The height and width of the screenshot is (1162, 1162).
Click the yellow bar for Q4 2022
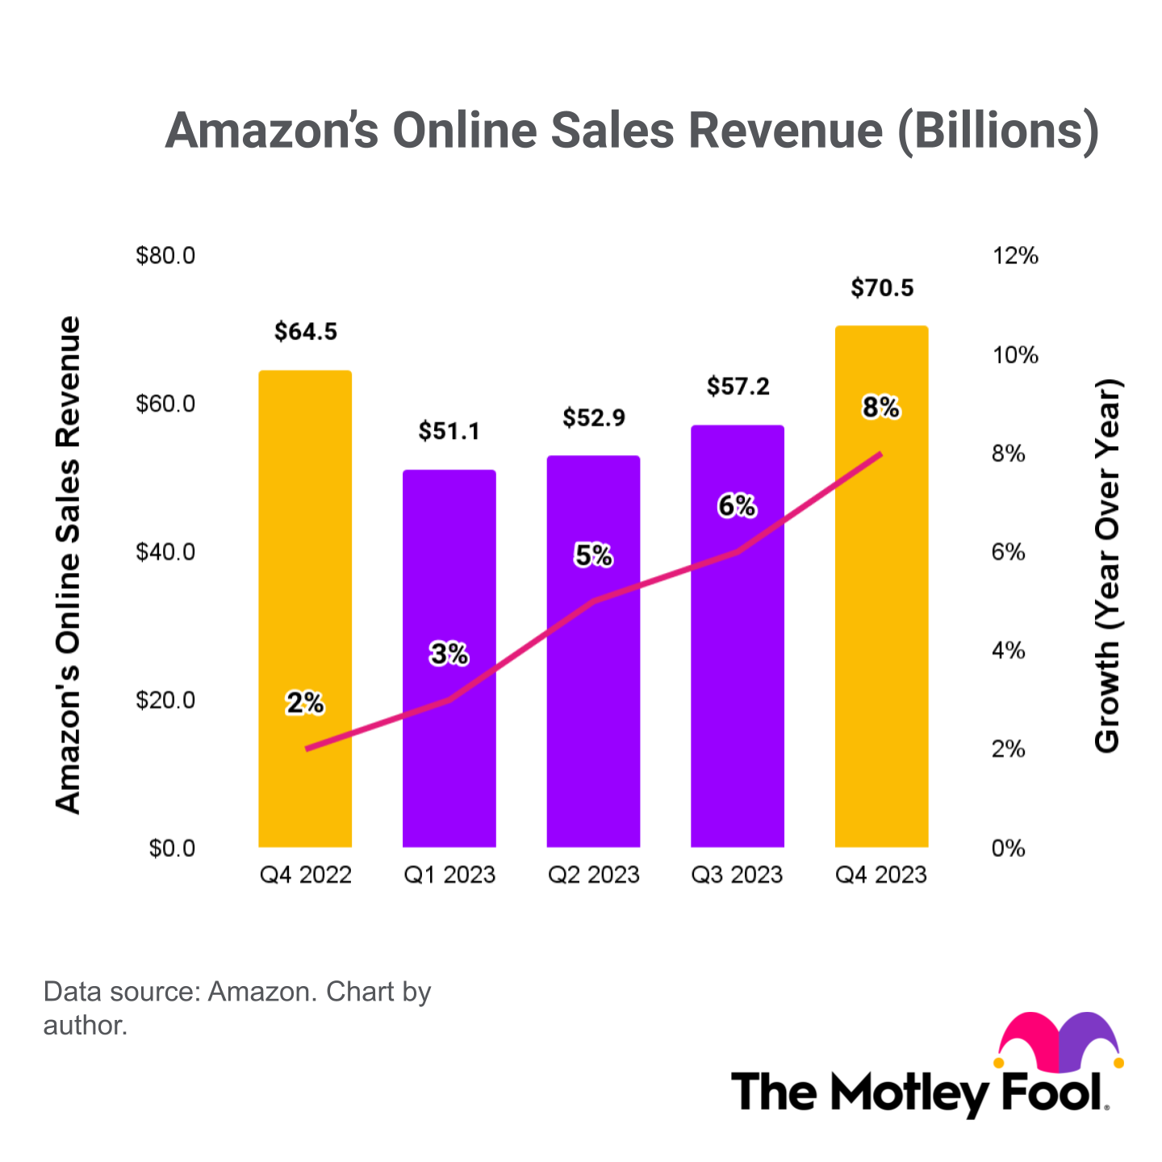305,565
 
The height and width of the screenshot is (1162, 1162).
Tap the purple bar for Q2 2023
594,726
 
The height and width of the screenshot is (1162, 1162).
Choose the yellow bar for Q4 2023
881,646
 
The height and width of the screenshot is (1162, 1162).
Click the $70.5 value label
882,288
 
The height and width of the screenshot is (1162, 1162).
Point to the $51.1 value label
449,432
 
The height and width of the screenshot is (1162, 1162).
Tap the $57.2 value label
738,387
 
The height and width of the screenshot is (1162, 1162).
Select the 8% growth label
880,408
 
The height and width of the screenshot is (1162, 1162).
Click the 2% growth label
305,704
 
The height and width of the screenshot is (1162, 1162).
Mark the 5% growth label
594,556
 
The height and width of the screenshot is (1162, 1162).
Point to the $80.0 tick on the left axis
165,257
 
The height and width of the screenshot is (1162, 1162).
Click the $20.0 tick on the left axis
165,700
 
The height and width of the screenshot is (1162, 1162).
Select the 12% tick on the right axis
1015,257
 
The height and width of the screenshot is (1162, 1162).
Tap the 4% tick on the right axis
1008,651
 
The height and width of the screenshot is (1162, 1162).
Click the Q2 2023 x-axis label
594,876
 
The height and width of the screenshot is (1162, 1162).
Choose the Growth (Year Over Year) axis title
1107,565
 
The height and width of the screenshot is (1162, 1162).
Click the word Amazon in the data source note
261,992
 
